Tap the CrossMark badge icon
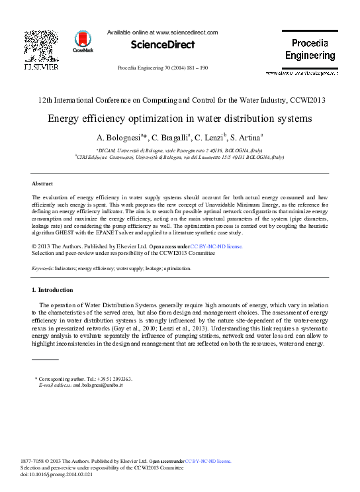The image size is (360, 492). [83, 41]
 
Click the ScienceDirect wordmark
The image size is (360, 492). [163, 44]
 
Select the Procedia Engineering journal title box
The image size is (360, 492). [310, 49]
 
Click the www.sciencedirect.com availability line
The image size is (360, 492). [162, 32]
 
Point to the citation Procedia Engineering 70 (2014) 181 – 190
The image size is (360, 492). [162, 68]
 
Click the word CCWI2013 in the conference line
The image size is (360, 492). [306, 101]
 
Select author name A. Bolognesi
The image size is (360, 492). [120, 138]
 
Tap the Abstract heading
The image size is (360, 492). [42, 183]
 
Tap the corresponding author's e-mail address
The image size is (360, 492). [98, 385]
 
